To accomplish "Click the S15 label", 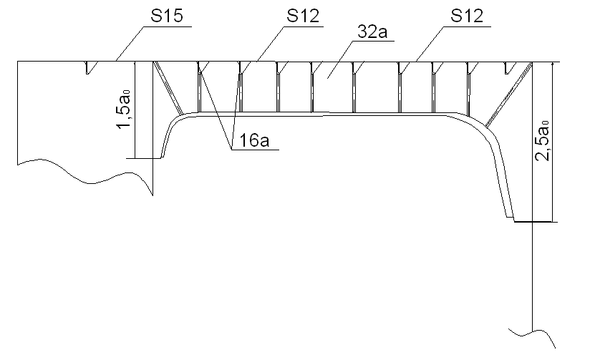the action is pyautogui.click(x=167, y=16).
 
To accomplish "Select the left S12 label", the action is pyautogui.click(x=303, y=16).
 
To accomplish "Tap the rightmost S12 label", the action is pyautogui.click(x=467, y=16).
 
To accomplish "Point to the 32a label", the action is pyautogui.click(x=372, y=31).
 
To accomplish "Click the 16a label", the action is pyautogui.click(x=254, y=140).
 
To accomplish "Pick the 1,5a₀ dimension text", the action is pyautogui.click(x=124, y=109).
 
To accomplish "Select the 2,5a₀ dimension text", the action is pyautogui.click(x=543, y=141).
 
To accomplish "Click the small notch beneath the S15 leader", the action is pyautogui.click(x=89, y=68).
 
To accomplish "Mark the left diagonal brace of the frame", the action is pyautogui.click(x=168, y=87).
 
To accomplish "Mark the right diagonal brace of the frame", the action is pyautogui.click(x=508, y=94).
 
